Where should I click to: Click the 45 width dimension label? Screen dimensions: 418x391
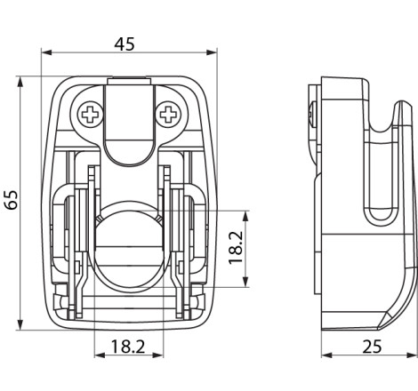click(x=125, y=44)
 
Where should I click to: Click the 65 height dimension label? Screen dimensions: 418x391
click(x=12, y=200)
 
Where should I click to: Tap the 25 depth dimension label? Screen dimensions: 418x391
click(x=372, y=347)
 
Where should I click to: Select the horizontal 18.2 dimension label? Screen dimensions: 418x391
click(x=128, y=347)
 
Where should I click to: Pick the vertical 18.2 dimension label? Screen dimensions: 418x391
click(x=236, y=248)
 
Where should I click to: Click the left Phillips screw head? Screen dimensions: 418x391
click(x=90, y=115)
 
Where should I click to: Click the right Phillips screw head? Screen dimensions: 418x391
click(x=168, y=115)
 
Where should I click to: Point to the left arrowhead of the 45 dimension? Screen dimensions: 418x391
click(x=47, y=52)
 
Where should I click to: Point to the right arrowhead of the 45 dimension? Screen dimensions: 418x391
click(x=212, y=52)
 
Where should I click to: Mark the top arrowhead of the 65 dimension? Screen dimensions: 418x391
click(x=20, y=82)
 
